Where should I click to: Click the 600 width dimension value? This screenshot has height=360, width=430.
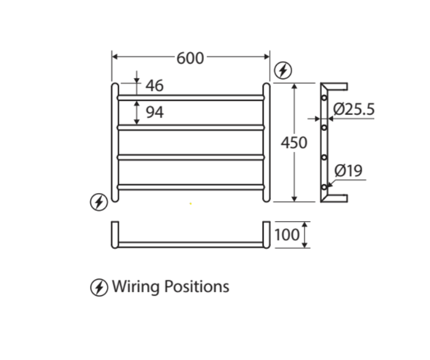(x=190, y=58)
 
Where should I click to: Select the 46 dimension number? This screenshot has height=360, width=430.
(x=154, y=86)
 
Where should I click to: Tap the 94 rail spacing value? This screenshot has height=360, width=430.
(x=154, y=112)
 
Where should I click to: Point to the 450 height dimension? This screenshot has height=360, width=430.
(x=294, y=143)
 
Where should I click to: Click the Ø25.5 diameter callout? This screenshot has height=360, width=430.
(x=354, y=109)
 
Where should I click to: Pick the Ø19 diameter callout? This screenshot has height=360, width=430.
(x=348, y=171)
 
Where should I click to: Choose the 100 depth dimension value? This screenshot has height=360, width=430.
(x=287, y=235)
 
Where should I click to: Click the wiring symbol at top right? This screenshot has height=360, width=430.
(x=283, y=71)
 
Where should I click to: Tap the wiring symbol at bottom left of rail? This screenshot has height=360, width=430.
(x=99, y=203)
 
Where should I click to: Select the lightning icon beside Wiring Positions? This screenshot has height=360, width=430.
(x=99, y=288)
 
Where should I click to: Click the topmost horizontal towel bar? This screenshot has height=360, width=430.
(x=191, y=97)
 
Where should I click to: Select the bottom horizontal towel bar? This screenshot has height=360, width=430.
(x=191, y=187)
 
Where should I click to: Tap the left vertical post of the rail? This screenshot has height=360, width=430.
(x=115, y=143)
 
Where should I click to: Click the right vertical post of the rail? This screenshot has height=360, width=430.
(x=267, y=143)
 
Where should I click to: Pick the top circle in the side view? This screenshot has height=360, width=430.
(x=324, y=97)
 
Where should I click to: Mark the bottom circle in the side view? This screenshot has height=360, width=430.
(x=324, y=187)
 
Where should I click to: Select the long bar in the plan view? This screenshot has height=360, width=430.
(x=191, y=244)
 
